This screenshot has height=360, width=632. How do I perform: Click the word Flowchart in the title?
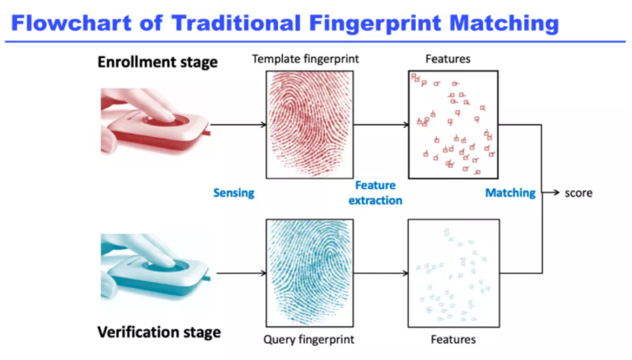point(71,23)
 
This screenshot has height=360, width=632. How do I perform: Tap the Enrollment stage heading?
point(157,62)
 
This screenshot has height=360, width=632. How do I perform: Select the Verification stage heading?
point(159,332)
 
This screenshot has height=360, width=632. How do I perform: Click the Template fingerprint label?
point(305,59)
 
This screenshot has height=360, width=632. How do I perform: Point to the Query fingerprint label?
point(309,340)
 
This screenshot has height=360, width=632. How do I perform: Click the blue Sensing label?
point(234,193)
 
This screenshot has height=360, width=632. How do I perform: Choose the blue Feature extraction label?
point(375,193)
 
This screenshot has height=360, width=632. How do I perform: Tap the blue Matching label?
point(511,193)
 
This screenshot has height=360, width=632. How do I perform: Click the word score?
point(579,193)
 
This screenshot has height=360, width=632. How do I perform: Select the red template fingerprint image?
point(309,125)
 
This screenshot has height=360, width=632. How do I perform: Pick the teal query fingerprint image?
point(309,273)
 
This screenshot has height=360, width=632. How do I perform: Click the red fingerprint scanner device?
point(156,122)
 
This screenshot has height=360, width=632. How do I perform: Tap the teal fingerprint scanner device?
point(156,268)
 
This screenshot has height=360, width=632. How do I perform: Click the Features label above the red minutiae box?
point(448,59)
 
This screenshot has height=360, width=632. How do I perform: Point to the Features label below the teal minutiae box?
point(453,340)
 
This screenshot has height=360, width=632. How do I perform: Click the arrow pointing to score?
point(551,193)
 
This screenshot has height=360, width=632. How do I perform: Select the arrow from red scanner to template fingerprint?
point(238,125)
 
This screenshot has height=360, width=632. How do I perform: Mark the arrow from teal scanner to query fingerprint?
point(241,273)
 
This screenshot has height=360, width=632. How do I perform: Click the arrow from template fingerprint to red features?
point(381,125)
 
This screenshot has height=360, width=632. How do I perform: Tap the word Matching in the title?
point(504,23)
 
